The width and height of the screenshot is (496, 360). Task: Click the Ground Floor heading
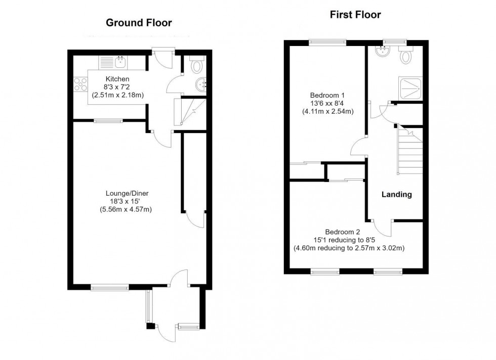(139, 23)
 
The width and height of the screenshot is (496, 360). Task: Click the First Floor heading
(355, 15)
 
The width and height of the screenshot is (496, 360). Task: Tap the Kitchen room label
(117, 79)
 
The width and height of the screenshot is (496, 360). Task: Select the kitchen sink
(120, 63)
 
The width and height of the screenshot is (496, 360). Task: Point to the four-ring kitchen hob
(80, 84)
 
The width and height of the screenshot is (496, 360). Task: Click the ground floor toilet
(197, 64)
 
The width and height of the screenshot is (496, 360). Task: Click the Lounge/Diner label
(127, 194)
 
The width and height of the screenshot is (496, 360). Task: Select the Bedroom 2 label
(342, 232)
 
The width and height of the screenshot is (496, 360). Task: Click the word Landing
(397, 194)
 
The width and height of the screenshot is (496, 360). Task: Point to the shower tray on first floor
(411, 88)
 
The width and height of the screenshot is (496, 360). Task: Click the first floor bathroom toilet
(405, 55)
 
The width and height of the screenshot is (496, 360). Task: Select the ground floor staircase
(190, 112)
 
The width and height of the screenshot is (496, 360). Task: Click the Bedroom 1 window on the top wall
(328, 42)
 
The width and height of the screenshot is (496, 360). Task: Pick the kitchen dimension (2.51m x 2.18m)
(117, 95)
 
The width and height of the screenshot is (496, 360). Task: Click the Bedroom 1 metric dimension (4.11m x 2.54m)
(328, 111)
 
